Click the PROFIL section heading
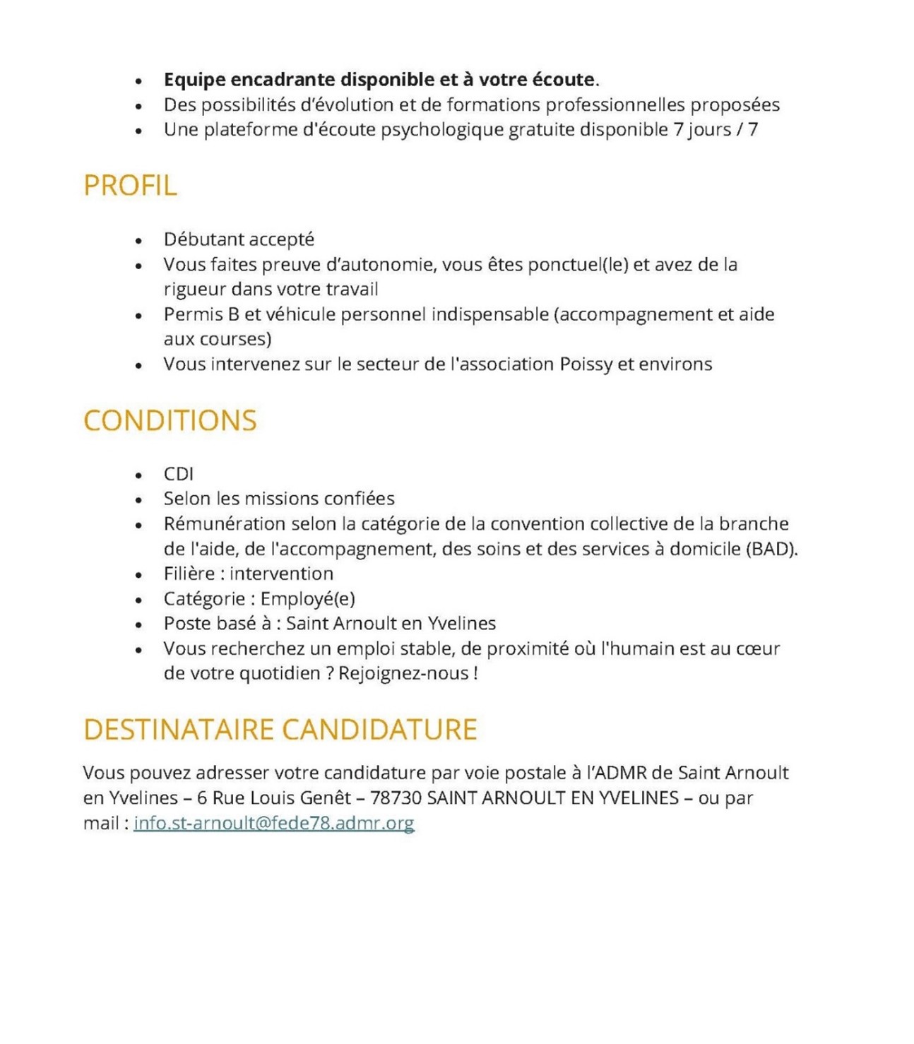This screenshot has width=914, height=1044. tap(130, 186)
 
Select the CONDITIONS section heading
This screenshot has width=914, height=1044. tap(170, 421)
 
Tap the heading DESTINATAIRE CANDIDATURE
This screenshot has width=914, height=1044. tap(280, 730)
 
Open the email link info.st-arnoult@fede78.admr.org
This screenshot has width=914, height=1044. tap(273, 823)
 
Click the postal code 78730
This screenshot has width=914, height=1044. tap(396, 798)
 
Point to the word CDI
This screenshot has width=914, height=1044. tap(178, 474)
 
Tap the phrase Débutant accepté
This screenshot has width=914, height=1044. tap(239, 239)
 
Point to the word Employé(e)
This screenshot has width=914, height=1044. tap(307, 599)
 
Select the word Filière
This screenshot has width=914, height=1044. tap(189, 574)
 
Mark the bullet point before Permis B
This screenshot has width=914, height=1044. tap(138, 316)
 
